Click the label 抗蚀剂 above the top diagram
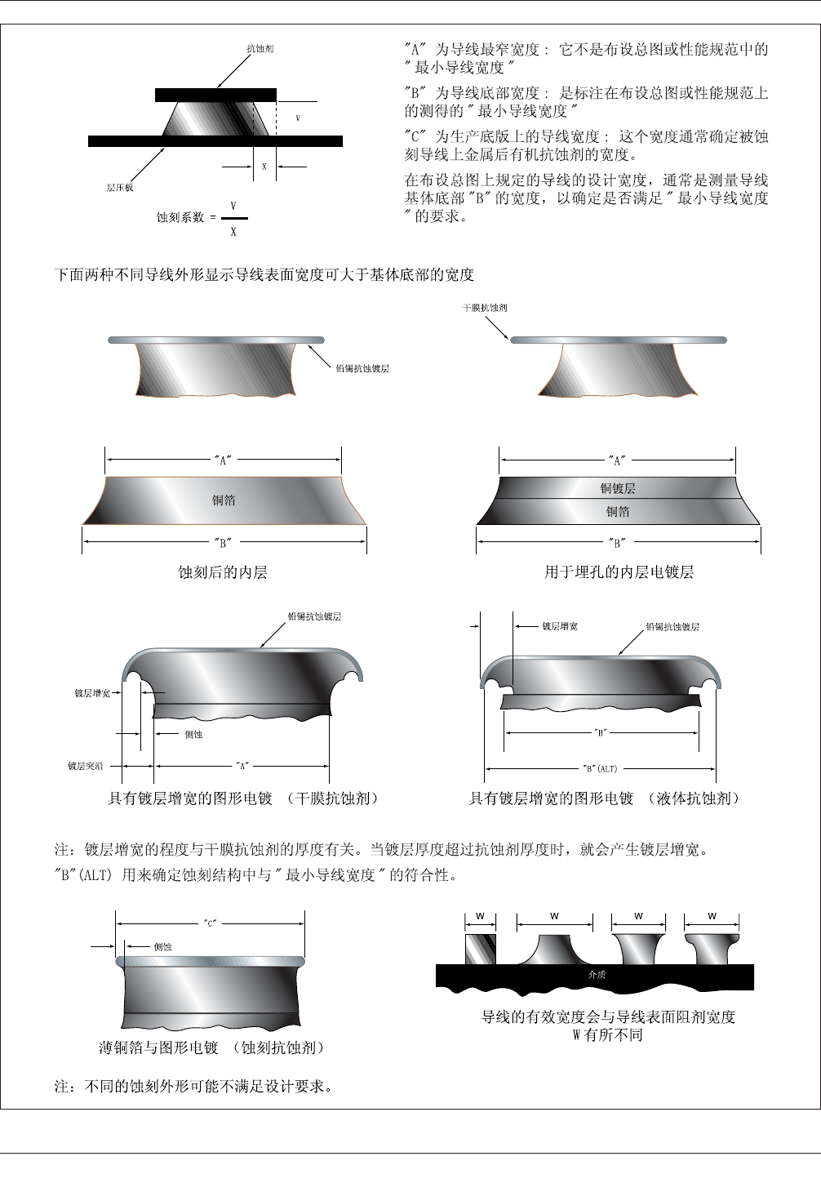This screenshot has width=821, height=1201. click(x=260, y=49)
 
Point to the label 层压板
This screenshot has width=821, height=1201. click(x=120, y=188)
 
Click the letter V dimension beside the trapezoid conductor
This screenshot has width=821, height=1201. click(x=298, y=119)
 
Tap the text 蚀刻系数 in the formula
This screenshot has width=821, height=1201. click(x=180, y=217)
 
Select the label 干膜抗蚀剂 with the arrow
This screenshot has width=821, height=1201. click(x=485, y=308)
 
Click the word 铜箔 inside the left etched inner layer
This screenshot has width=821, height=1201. click(x=224, y=500)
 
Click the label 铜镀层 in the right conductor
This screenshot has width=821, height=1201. click(x=618, y=488)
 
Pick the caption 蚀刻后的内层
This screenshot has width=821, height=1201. click(x=223, y=572)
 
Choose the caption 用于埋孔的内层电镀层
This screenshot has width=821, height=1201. click(x=619, y=572)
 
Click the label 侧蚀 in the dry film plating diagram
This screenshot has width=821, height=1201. click(x=193, y=734)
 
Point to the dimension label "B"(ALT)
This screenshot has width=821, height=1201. click(x=600, y=768)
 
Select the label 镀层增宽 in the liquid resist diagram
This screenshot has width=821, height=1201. click(x=560, y=626)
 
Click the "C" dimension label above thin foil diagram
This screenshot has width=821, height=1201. click(x=210, y=923)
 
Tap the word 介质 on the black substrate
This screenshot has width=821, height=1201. click(x=597, y=975)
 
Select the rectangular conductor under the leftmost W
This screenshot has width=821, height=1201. click(x=480, y=950)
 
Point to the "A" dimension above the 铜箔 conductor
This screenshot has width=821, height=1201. click(x=223, y=459)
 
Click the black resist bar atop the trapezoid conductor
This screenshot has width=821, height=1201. click(x=215, y=96)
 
